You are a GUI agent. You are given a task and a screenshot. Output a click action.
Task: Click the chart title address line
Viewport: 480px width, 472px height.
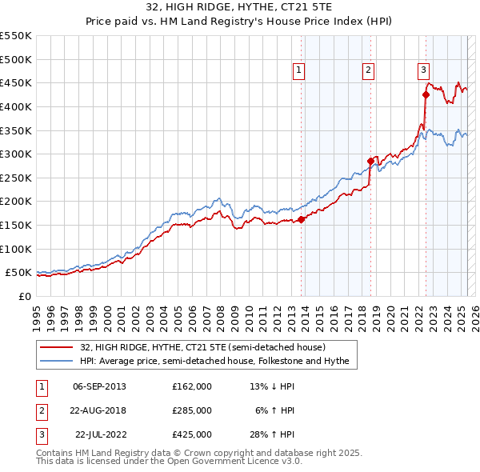[x=240, y=6]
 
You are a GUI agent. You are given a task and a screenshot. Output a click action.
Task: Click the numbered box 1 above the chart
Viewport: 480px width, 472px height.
[x=298, y=70]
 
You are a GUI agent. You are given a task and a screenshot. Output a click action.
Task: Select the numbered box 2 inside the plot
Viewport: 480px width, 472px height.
[x=369, y=70]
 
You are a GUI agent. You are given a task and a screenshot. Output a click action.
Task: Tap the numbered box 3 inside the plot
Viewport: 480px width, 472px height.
[x=423, y=70]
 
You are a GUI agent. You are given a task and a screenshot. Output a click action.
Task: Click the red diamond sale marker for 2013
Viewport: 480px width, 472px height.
[x=301, y=219]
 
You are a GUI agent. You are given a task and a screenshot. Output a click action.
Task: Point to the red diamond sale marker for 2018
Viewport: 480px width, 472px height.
[x=371, y=161]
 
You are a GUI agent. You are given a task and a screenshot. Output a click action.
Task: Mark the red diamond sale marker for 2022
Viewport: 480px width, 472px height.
[x=426, y=94]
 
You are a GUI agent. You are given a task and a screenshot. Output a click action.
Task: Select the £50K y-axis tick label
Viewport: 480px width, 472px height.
[x=19, y=273]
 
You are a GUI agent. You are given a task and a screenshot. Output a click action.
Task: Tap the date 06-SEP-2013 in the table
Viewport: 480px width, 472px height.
[x=99, y=386]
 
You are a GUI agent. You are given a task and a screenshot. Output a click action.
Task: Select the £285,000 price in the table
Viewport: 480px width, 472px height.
[x=192, y=410]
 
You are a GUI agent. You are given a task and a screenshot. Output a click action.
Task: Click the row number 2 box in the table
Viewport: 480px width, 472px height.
[x=40, y=410]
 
